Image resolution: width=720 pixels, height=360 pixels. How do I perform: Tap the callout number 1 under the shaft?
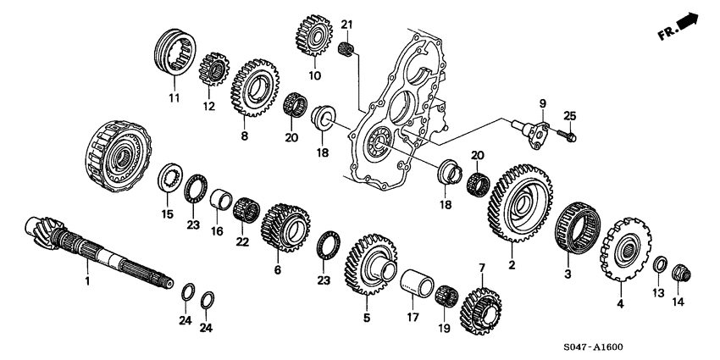coord(86,278)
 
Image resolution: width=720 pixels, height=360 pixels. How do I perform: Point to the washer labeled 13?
coord(659,265)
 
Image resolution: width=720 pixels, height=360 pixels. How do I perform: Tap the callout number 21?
coord(346,23)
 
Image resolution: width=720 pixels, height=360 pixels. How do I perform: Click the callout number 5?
coord(367,318)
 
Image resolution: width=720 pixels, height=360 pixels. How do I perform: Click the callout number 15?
coord(166,214)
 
